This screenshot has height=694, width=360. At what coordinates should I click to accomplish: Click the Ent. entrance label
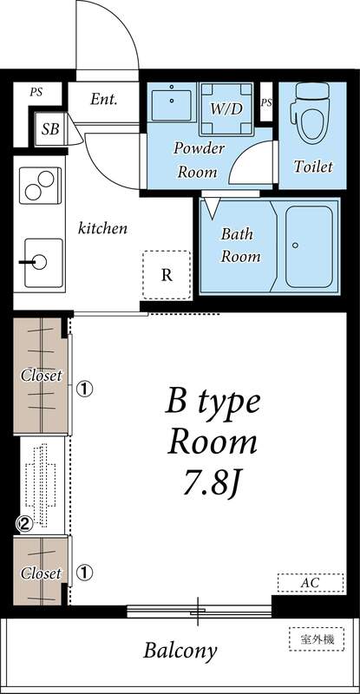coord(103,99)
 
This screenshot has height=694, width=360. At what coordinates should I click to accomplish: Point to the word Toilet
coord(313,167)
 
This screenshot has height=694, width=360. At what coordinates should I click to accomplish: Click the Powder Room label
coord(199,160)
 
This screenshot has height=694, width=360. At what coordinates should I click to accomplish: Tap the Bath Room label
coord(240,245)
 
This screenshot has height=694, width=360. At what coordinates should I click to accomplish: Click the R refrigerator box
coord(166,276)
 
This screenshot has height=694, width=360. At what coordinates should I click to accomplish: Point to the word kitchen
coord(103,229)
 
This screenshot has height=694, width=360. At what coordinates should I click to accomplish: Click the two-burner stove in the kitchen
coord(38,185)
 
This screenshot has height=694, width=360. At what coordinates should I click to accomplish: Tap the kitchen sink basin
coord(39,261)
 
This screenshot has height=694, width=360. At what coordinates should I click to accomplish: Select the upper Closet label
coord(42,376)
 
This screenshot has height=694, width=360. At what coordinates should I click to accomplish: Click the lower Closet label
coord(42,573)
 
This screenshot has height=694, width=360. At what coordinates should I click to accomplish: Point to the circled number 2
coord(25,523)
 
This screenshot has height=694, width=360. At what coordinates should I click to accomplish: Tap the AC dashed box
coord(310,583)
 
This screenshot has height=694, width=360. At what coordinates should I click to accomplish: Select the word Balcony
coord(180,650)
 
